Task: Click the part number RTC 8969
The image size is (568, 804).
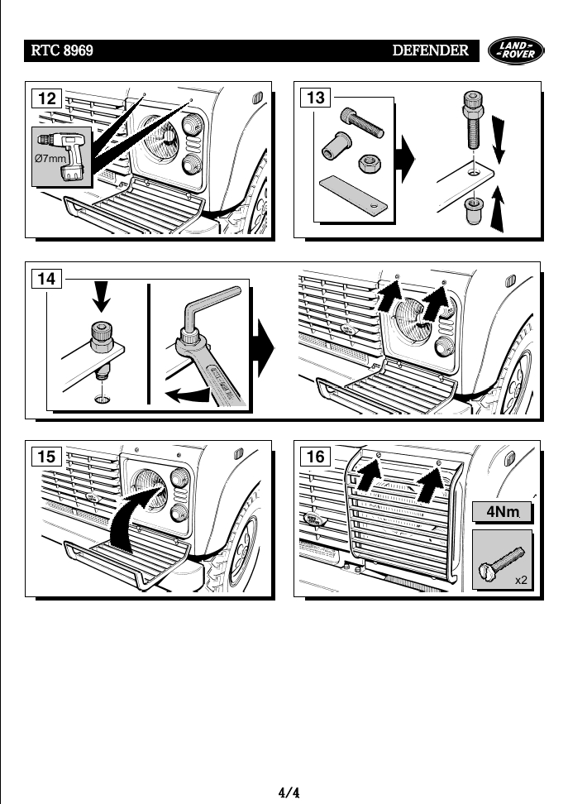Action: (62, 51)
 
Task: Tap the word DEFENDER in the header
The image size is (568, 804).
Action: (430, 51)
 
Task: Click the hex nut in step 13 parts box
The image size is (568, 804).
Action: (368, 164)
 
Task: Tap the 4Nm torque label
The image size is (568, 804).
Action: (502, 513)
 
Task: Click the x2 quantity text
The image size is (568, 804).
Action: (521, 581)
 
